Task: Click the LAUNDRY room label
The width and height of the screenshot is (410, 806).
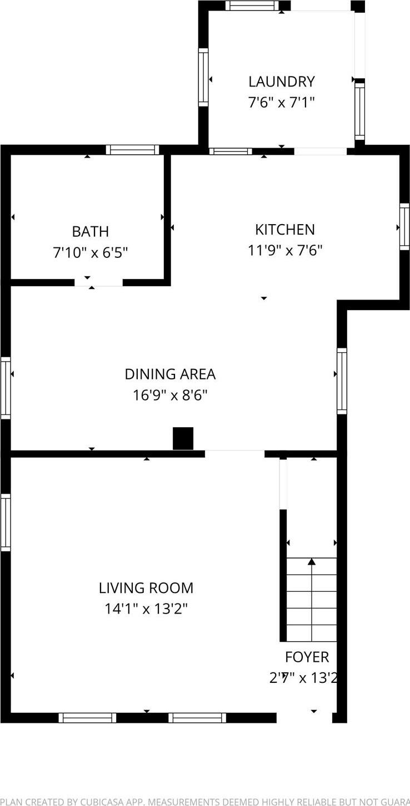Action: tap(281, 82)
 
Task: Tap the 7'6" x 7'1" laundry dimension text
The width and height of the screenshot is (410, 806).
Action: tap(281, 103)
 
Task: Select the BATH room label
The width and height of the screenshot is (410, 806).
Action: tap(90, 231)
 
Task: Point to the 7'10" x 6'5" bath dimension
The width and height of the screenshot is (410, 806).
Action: tap(90, 253)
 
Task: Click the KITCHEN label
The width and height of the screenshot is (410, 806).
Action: tap(284, 229)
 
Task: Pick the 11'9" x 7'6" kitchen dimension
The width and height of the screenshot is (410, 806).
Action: tap(284, 250)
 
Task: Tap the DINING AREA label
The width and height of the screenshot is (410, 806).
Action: tap(170, 374)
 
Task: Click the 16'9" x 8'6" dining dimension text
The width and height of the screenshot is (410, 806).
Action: tap(170, 396)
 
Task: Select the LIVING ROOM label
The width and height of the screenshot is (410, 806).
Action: tap(146, 587)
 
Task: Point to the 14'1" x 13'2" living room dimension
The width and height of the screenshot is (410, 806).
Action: tap(146, 609)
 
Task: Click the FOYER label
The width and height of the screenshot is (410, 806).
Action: tap(307, 657)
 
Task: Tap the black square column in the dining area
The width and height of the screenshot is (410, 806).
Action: tap(183, 438)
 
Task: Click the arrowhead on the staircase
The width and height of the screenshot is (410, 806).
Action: tap(312, 561)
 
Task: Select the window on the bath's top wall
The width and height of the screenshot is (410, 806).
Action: tap(132, 150)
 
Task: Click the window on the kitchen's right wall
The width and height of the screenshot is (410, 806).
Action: tap(404, 226)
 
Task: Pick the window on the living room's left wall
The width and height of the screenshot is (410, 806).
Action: tap(6, 522)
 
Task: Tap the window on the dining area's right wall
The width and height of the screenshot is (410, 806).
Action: tap(342, 381)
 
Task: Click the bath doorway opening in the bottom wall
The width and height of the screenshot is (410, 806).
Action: tap(99, 282)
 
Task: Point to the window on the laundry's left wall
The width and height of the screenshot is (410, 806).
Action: tap(203, 77)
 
